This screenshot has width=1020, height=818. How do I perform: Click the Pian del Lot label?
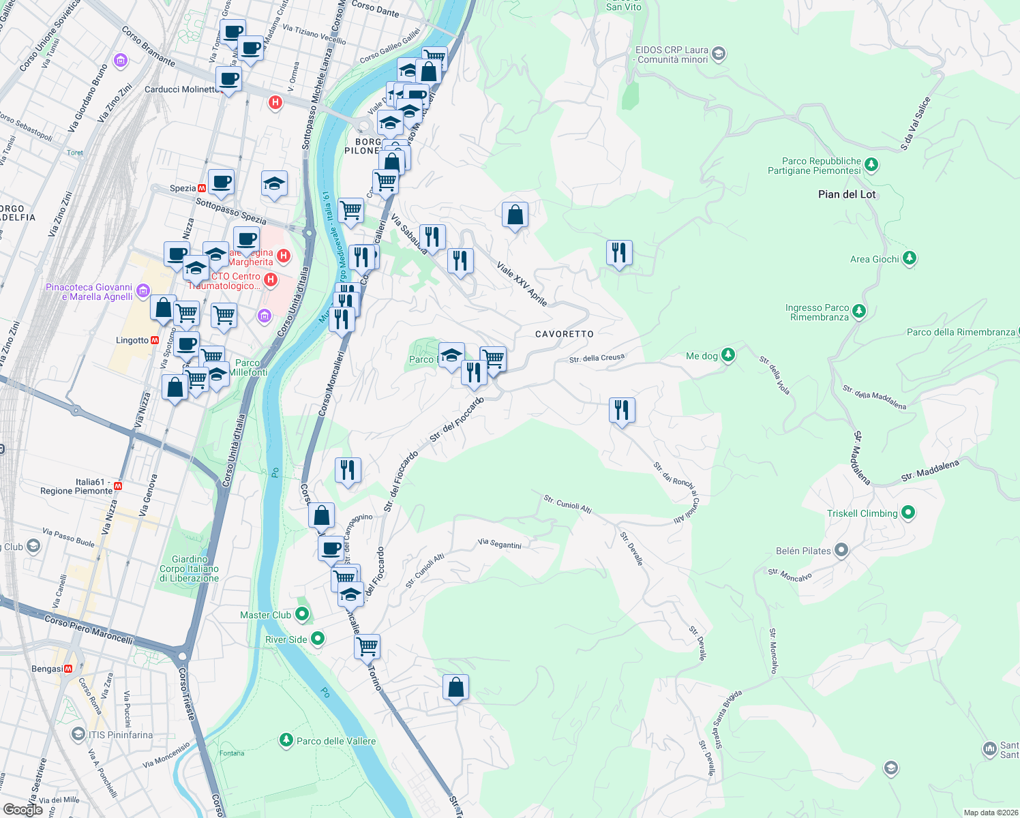click(x=847, y=194)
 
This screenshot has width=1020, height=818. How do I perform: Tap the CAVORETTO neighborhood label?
click(x=565, y=334)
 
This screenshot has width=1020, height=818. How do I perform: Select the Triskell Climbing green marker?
click(x=907, y=513)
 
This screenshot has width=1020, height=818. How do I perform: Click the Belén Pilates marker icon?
click(x=841, y=550)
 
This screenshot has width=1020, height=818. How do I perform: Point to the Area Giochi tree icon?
click(x=909, y=258)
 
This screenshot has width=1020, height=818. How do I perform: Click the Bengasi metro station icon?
click(x=68, y=669)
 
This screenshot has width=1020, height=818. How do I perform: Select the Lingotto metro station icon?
click(x=155, y=340)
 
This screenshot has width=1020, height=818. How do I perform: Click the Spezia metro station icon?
click(x=202, y=188)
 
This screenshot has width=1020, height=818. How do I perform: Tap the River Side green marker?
click(x=317, y=639)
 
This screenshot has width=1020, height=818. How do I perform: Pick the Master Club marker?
click(x=302, y=614)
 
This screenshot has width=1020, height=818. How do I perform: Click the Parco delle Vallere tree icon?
click(x=286, y=740)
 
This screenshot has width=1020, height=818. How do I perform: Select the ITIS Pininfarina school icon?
click(x=78, y=734)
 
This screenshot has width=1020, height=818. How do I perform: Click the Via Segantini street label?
click(x=500, y=544)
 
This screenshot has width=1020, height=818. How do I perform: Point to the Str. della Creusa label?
click(x=597, y=358)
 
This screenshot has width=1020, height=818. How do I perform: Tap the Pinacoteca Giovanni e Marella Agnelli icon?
click(x=143, y=291)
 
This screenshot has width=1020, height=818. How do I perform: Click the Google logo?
click(x=23, y=810)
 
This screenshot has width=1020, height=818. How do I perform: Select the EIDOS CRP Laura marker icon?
click(x=718, y=54)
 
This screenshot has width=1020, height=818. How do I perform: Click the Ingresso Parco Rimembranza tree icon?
click(x=859, y=312)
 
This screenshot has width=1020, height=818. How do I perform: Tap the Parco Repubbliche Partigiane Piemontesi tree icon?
click(x=871, y=164)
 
